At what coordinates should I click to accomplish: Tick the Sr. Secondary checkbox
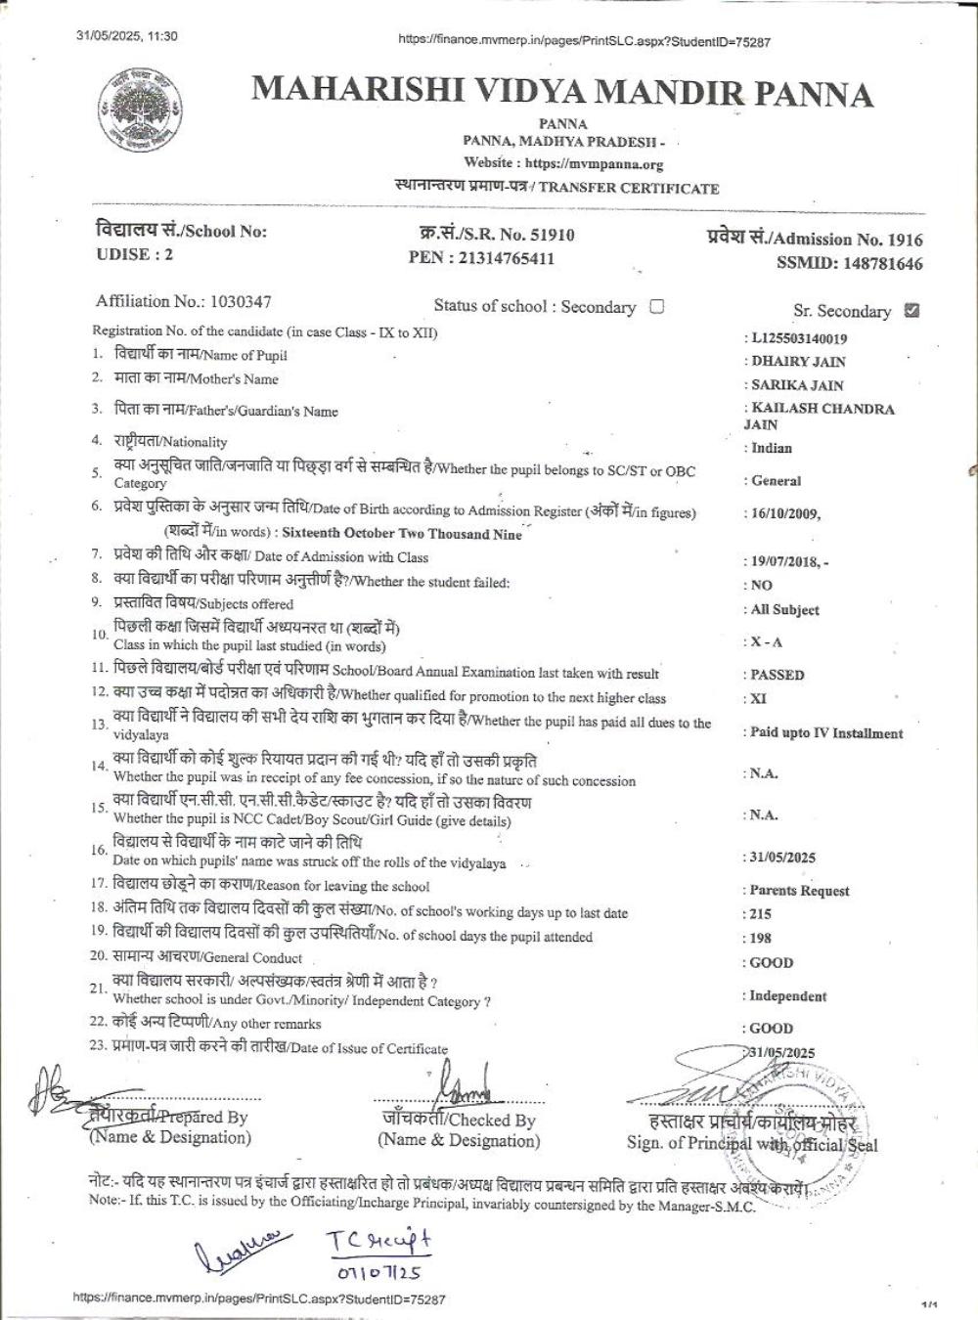tap(912, 311)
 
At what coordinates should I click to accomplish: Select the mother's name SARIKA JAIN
tap(797, 385)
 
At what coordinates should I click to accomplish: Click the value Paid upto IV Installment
tap(826, 733)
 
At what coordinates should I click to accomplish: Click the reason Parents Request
tap(799, 891)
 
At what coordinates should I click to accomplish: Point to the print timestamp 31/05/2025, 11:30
tap(127, 36)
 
